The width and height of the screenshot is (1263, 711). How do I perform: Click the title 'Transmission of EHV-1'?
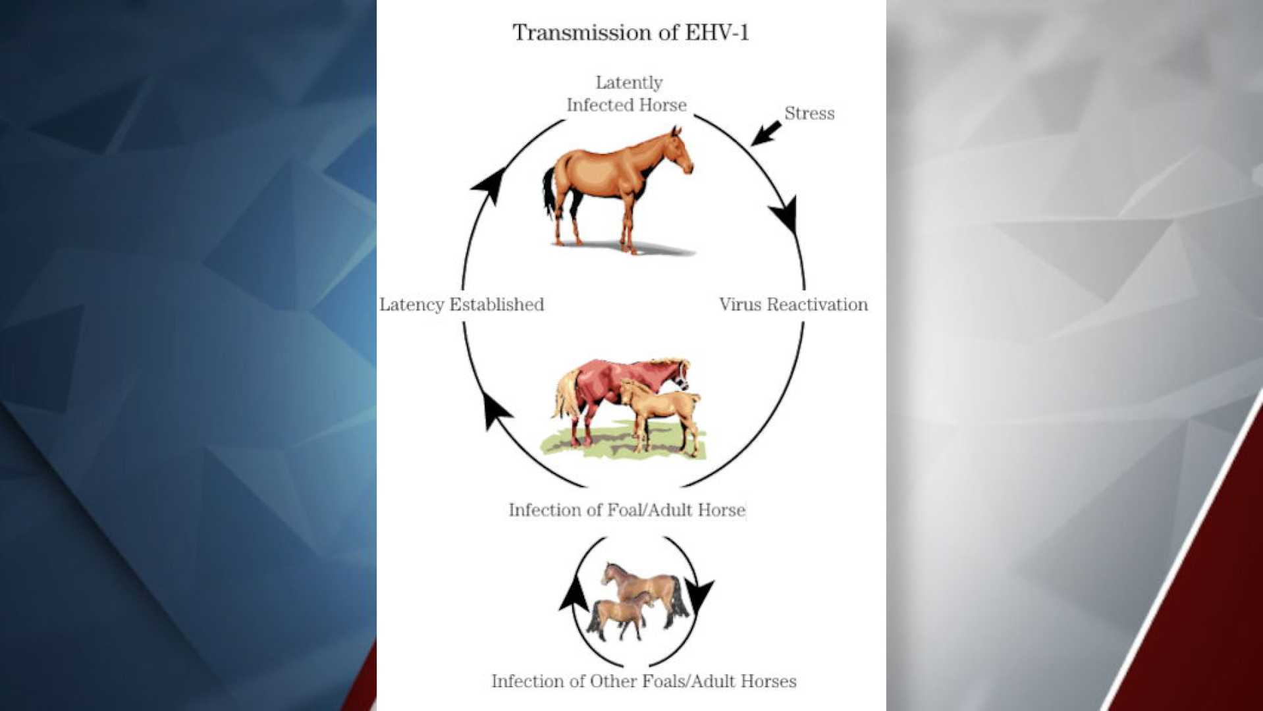tap(630, 32)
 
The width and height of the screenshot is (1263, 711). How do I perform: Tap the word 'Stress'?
tap(809, 113)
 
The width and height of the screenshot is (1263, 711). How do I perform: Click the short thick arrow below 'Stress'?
tap(765, 133)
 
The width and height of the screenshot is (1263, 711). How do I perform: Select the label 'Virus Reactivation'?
tap(793, 304)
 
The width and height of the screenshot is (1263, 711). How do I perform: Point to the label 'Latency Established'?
tap(462, 304)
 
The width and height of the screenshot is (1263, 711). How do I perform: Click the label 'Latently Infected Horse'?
tap(627, 93)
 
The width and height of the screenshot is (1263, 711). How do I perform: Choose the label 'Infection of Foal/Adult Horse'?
tap(627, 510)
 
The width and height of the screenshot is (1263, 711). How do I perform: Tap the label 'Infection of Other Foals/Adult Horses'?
tap(643, 681)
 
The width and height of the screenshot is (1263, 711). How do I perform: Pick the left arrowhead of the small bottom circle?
tap(575, 592)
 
